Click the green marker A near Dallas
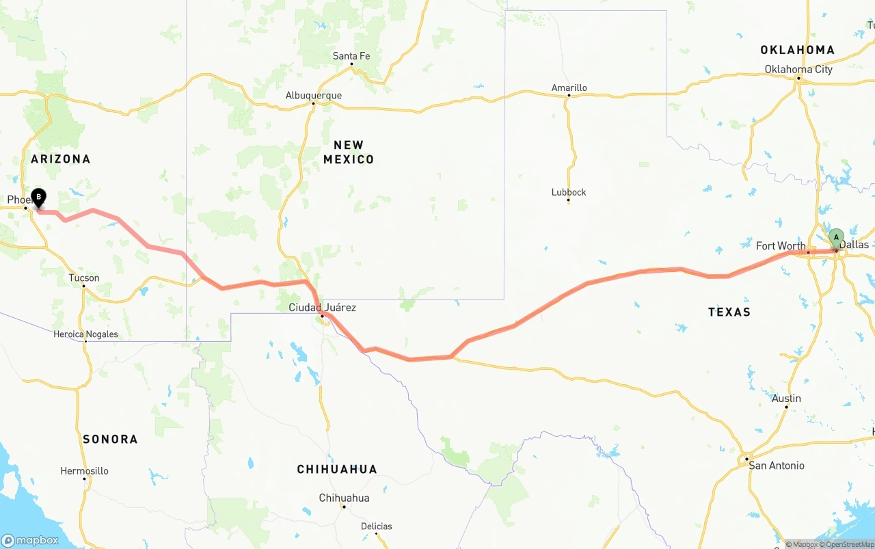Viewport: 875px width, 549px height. [836, 238]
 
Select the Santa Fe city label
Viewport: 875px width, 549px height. [351, 56]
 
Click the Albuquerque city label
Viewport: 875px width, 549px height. [314, 96]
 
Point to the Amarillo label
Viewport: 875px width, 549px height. [569, 88]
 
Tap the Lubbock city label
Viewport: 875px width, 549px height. [569, 192]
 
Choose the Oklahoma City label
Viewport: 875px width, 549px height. [798, 69]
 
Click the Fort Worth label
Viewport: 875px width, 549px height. [781, 246]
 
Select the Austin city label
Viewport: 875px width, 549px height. [786, 399]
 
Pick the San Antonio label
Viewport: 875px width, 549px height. [777, 466]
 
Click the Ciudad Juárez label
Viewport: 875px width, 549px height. [322, 308]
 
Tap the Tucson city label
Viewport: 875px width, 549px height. [84, 278]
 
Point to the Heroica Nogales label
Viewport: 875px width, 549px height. [86, 334]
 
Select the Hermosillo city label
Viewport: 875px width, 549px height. [84, 471]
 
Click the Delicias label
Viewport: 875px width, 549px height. [377, 526]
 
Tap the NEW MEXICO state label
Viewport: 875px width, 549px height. [349, 152]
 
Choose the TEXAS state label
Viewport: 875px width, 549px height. [729, 312]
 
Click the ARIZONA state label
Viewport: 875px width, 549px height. [61, 159]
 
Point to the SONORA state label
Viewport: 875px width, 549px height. [110, 439]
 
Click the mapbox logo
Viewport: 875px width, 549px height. [30, 540]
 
